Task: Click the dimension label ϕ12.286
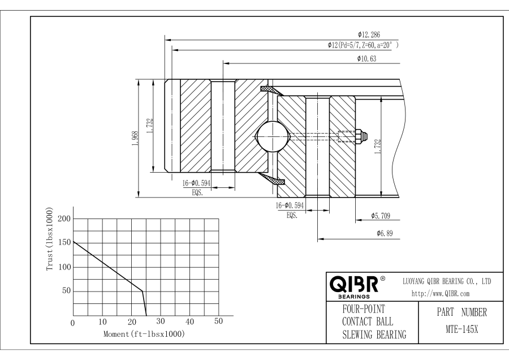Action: tap(368, 35)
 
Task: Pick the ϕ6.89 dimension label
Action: tap(386, 233)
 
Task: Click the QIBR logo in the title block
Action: tap(353, 284)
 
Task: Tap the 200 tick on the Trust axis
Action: tap(64, 219)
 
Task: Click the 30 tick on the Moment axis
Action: tap(161, 322)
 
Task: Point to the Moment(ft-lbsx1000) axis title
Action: tap(144, 334)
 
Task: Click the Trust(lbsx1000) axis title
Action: tap(50, 242)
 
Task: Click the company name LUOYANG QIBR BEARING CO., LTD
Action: tap(446, 281)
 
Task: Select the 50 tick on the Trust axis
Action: tap(66, 291)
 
